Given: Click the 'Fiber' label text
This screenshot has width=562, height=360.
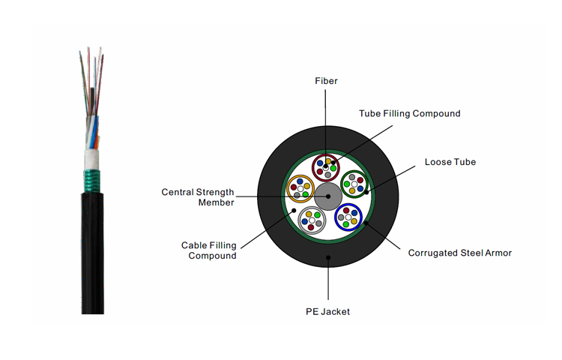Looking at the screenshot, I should pyautogui.click(x=326, y=81).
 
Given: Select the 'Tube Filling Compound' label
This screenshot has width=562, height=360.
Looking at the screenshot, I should pyautogui.click(x=409, y=113).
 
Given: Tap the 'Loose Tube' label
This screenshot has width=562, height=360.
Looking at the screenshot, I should pyautogui.click(x=450, y=161).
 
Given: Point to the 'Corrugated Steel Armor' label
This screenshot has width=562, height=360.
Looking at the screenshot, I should pyautogui.click(x=460, y=253).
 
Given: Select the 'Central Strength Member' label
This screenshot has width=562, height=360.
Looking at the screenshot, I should pyautogui.click(x=198, y=197).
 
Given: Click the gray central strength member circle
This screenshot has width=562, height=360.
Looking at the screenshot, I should pyautogui.click(x=327, y=196).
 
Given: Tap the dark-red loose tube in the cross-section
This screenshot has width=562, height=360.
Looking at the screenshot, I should pyautogui.click(x=327, y=166).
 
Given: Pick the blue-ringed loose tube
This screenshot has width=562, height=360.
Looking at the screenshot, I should pyautogui.click(x=348, y=216).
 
